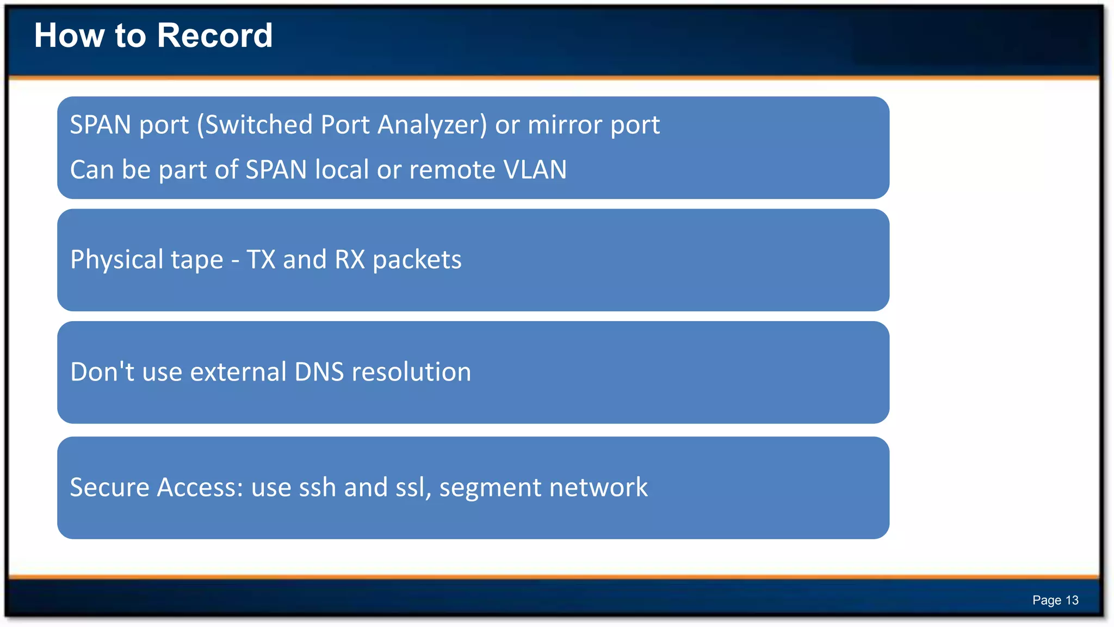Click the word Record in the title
tap(215, 36)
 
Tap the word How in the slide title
tap(69, 36)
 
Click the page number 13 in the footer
tap(1072, 600)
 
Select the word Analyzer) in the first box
tap(432, 125)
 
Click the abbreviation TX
tap(261, 260)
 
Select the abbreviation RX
tap(350, 260)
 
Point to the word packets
tap(417, 260)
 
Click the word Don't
tap(102, 372)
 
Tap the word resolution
tap(412, 372)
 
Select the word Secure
tap(109, 488)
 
